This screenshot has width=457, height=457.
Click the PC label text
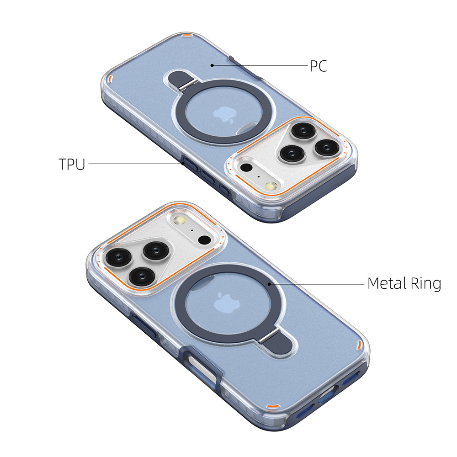[318, 66]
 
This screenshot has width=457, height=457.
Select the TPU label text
[72, 164]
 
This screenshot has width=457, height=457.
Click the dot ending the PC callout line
[213, 65]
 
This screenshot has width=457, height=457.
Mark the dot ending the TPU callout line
[182, 163]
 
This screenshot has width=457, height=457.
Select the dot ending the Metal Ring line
[270, 283]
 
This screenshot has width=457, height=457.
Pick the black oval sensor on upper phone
[247, 167]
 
